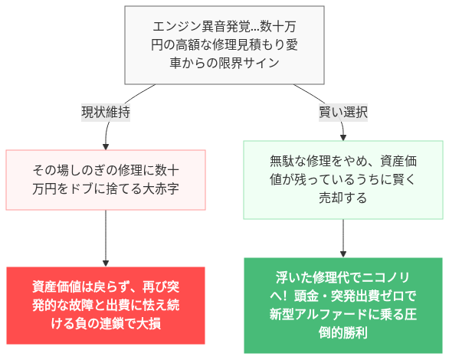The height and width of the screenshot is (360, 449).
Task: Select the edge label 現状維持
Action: pyautogui.click(x=106, y=112)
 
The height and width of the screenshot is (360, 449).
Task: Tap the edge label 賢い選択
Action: pyautogui.click(x=342, y=112)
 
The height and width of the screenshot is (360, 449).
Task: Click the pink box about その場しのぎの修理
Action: pyautogui.click(x=106, y=180)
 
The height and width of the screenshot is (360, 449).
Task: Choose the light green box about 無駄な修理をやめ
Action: pyautogui.click(x=342, y=180)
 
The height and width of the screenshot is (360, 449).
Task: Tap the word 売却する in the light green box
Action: pyautogui.click(x=342, y=198)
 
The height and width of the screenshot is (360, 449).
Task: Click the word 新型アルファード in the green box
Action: pyautogui.click(x=316, y=314)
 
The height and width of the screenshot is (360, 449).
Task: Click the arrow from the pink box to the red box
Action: pyautogui.click(x=106, y=237)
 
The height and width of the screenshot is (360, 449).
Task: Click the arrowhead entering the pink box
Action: pyautogui.click(x=106, y=146)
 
